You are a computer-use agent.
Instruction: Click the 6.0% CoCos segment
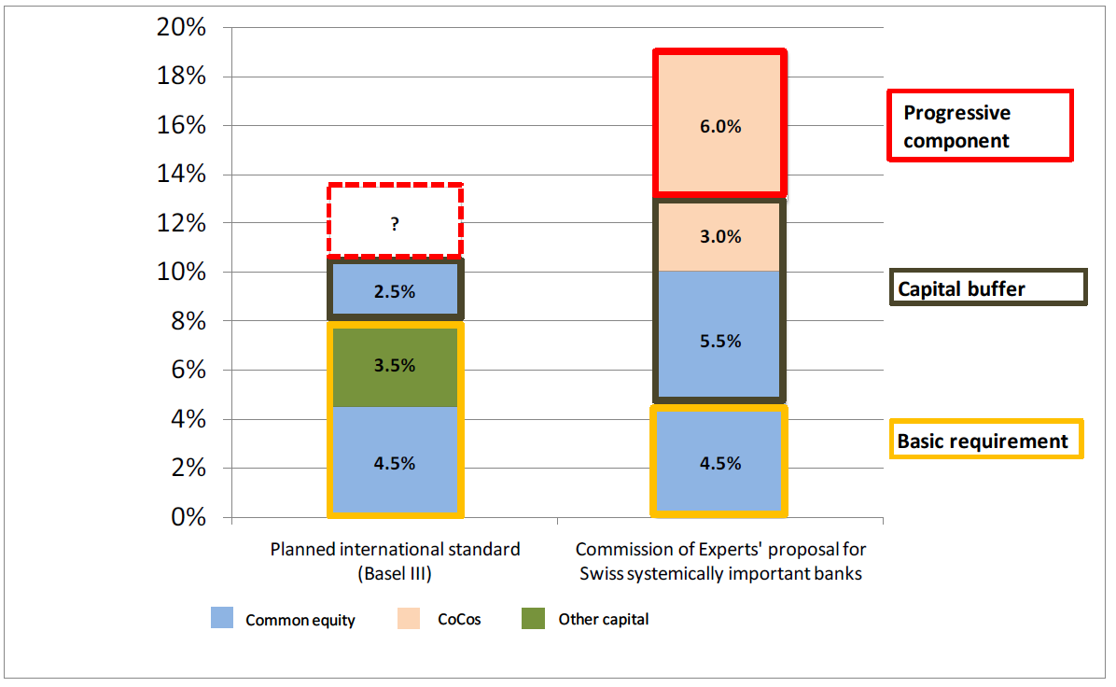click(719, 125)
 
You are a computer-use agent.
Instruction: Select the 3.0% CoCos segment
click(719, 235)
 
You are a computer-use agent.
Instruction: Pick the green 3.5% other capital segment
click(395, 367)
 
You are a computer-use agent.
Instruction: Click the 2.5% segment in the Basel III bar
click(395, 290)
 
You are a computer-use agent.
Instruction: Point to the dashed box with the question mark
click(395, 221)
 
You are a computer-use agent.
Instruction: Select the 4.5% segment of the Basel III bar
click(395, 461)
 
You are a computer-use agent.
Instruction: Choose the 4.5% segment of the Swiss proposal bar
click(719, 461)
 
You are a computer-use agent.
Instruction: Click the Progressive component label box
click(979, 125)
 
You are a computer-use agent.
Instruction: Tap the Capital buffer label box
click(987, 287)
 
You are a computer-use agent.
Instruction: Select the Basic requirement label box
click(985, 440)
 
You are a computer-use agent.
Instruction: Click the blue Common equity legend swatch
click(221, 618)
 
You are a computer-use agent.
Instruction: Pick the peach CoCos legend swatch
click(408, 618)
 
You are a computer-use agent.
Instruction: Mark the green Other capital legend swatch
click(532, 618)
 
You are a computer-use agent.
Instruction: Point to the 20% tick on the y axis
click(182, 28)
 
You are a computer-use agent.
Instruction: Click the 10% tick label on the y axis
click(182, 273)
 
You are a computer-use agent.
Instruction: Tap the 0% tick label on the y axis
click(188, 517)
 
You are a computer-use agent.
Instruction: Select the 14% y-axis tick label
click(182, 175)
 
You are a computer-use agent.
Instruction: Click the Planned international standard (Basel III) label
click(395, 561)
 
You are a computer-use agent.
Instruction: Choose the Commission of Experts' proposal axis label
click(720, 561)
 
